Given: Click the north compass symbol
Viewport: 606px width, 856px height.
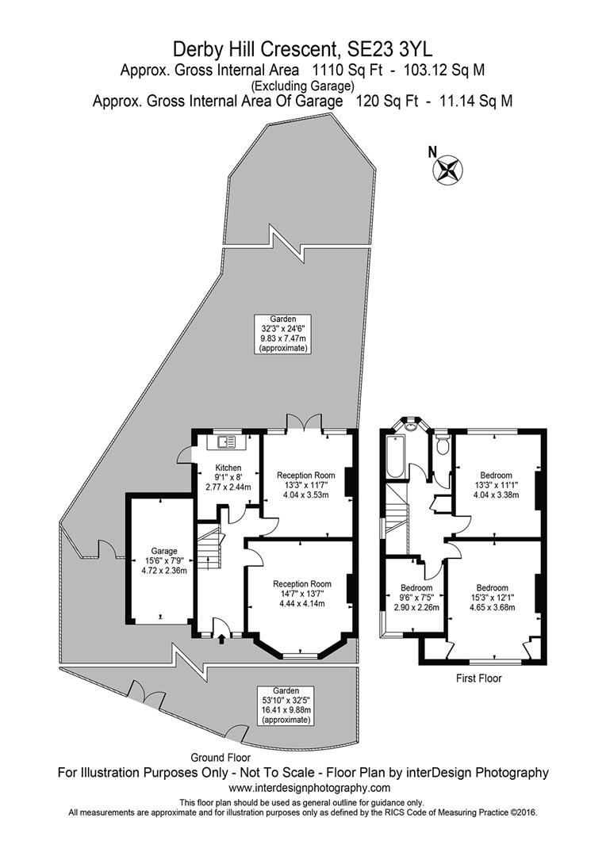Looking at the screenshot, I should click(x=450, y=169).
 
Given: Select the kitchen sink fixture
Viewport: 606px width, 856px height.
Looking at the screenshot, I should click(x=224, y=441).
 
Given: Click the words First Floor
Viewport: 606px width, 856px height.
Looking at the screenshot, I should click(x=479, y=678).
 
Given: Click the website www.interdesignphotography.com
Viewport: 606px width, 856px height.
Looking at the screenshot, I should click(x=302, y=788).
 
